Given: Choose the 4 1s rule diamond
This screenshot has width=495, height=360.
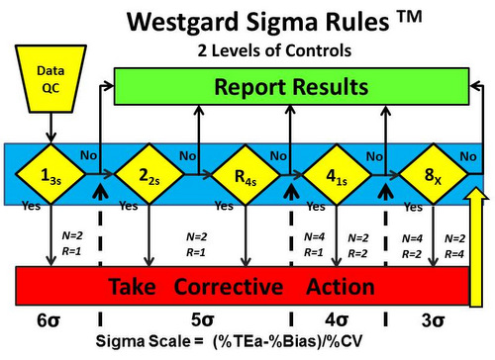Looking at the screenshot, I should pyautogui.click(x=336, y=176).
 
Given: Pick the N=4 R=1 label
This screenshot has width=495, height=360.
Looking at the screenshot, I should pyautogui.click(x=314, y=243).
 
